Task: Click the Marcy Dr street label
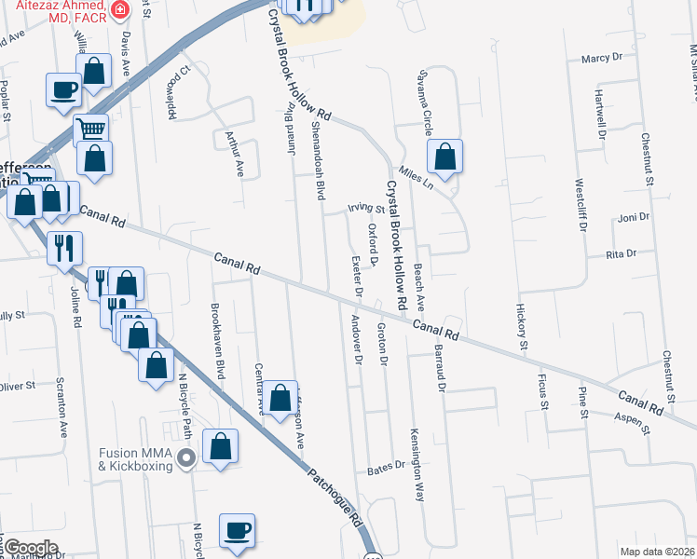tap(601, 58)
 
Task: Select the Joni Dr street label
tap(633, 217)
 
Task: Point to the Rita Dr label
tap(621, 253)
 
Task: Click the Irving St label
tap(366, 209)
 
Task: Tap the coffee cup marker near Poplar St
tap(63, 90)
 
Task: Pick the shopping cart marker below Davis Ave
tap(90, 129)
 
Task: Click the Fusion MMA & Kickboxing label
tap(136, 459)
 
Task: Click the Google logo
tap(30, 548)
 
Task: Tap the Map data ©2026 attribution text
tap(656, 552)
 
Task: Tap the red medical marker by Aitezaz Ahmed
tap(119, 10)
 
